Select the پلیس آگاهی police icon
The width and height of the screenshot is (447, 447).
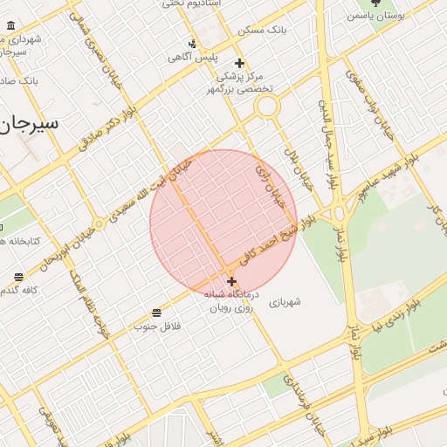pos(193,44)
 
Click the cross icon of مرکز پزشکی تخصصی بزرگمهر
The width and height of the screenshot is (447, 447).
pos(239,64)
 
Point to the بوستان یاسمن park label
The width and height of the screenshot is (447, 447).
pos(376,16)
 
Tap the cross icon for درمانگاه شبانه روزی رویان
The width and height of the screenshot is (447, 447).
pos(231,281)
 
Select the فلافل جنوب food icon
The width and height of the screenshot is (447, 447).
pos(156,313)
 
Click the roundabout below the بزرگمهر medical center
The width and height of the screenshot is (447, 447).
pos(267,107)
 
